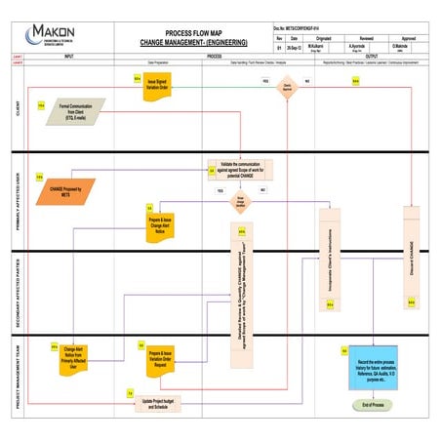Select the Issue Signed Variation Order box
pyautogui.click(x=161, y=85)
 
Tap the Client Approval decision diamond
pyautogui.click(x=287, y=87)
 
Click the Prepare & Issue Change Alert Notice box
pyautogui.click(x=160, y=225)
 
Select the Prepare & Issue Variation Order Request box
pyautogui.click(x=154, y=355)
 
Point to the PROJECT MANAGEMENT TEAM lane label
pyautogui.click(x=18, y=374)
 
